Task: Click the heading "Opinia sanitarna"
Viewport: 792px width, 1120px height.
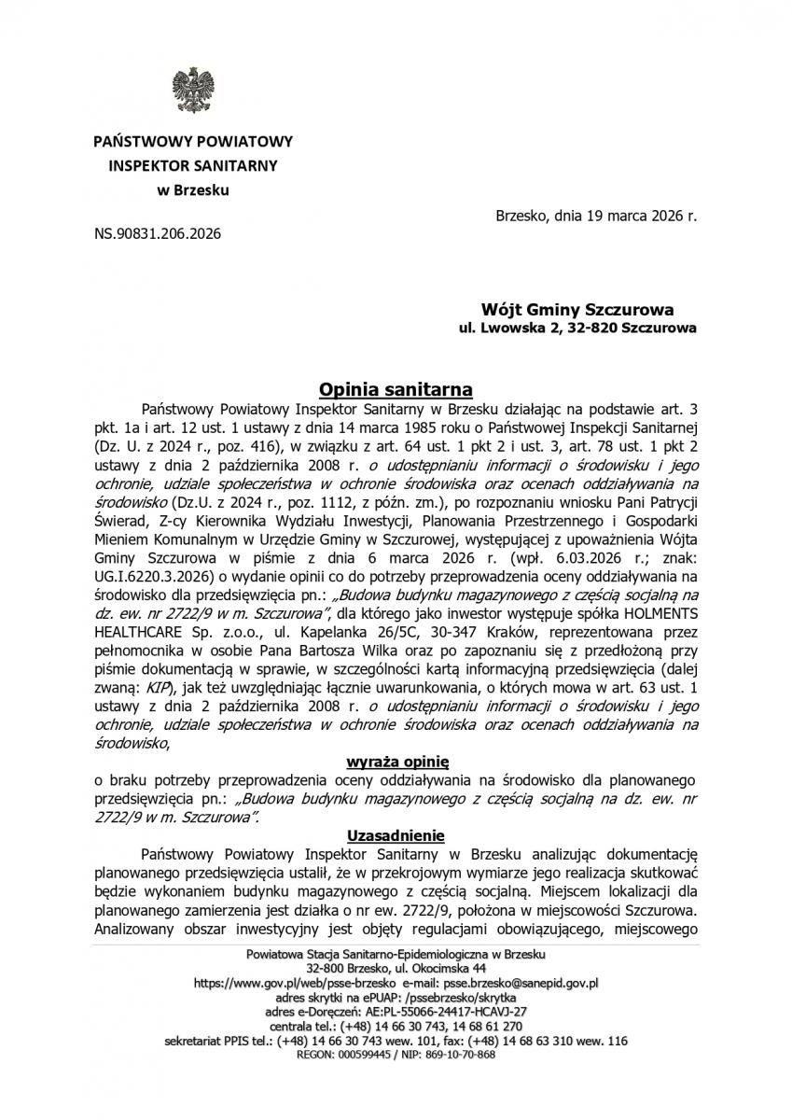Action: pos(396,388)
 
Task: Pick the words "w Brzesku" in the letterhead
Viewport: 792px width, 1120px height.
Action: pos(191,190)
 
